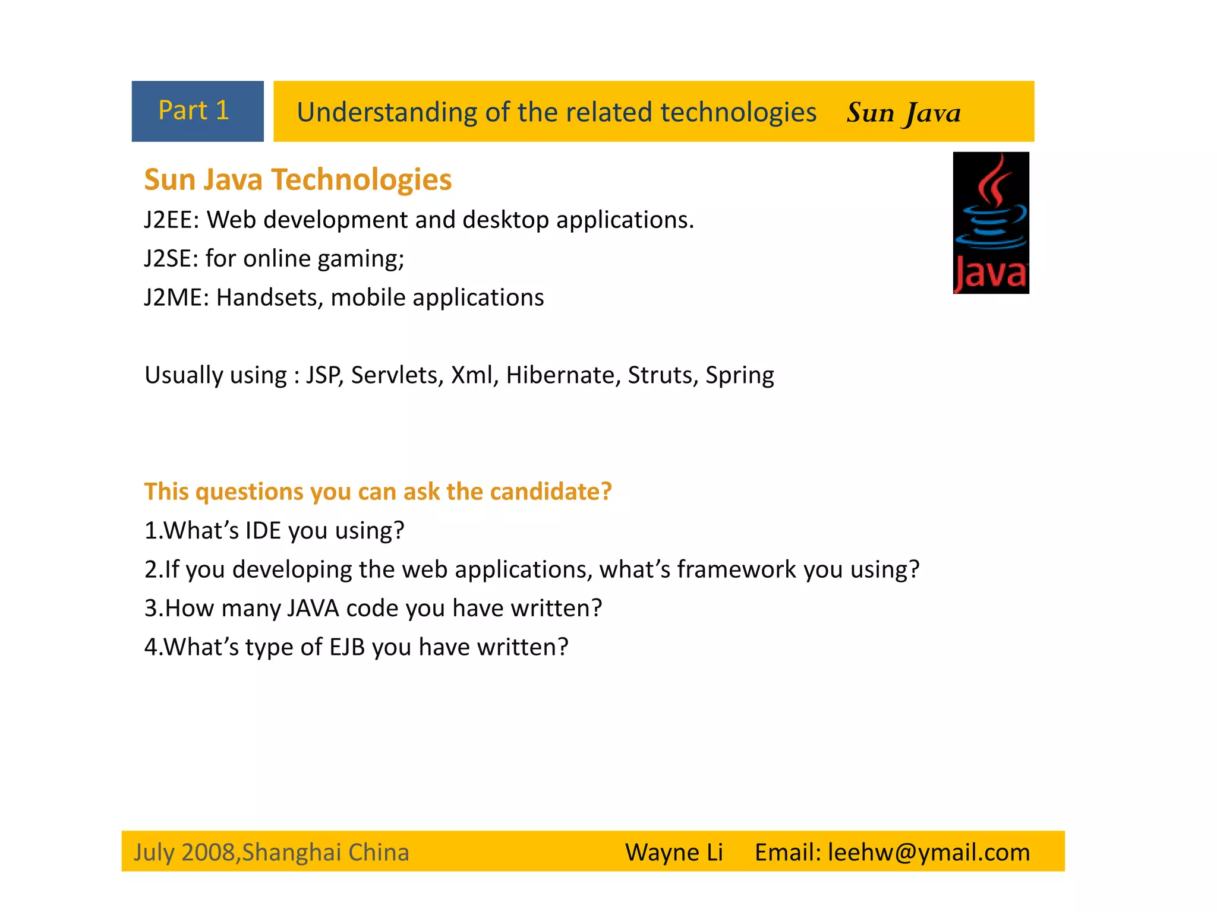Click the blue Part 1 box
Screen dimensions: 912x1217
pos(197,111)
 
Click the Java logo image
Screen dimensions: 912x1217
pos(991,223)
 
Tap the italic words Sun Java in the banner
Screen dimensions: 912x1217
pos(903,112)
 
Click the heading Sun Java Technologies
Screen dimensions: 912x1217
pos(298,179)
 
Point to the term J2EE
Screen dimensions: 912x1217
pos(168,220)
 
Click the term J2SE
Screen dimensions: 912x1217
pos(167,259)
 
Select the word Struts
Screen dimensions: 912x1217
pos(662,375)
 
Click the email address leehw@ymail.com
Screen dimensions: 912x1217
pos(929,853)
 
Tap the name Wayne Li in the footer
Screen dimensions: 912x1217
pos(674,853)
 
